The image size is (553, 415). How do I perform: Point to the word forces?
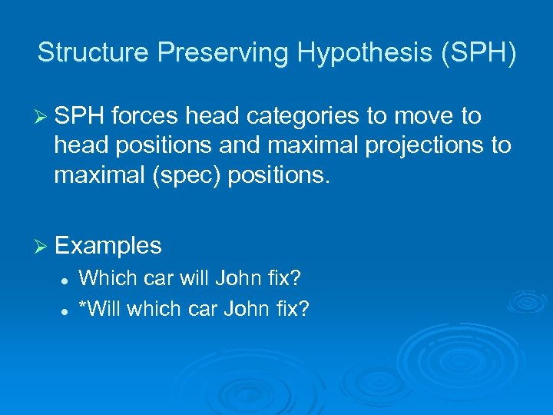[x=143, y=117]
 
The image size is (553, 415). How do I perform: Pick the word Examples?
[x=108, y=246]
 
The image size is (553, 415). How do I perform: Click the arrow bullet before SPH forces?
[x=43, y=117]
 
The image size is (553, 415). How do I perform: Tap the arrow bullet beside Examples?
[x=43, y=246]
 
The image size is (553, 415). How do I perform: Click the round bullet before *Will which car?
[x=68, y=310]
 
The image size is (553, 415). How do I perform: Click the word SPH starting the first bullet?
[x=79, y=117]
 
